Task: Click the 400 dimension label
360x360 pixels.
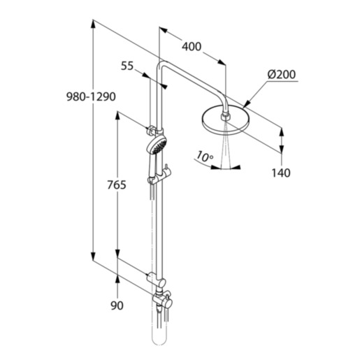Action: click(192, 47)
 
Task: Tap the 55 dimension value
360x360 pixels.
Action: click(127, 66)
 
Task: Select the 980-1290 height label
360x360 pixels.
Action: click(91, 96)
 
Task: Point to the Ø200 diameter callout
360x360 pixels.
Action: click(282, 75)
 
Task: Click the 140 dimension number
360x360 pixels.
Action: click(281, 173)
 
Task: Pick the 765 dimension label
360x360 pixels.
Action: click(117, 185)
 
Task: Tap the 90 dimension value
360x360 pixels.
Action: click(117, 305)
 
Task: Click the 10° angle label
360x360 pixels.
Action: click(204, 157)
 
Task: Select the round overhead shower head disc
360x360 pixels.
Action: click(224, 121)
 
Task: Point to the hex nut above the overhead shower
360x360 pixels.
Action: click(224, 116)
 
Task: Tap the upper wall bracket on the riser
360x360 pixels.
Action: click(152, 131)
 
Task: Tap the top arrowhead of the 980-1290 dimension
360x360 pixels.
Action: click(93, 24)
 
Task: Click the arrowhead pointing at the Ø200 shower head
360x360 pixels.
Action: click(246, 104)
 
